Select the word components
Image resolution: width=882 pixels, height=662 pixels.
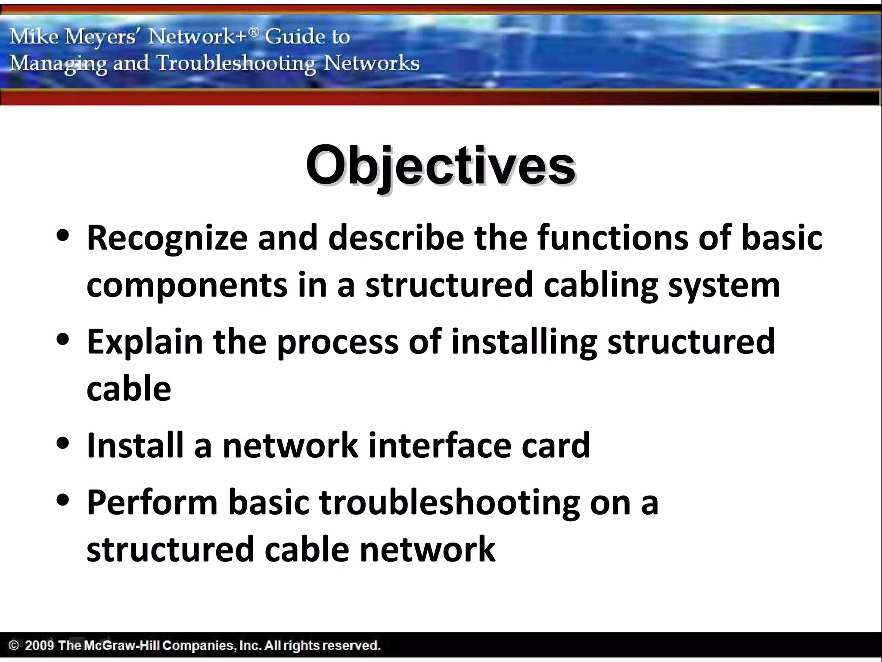tap(187, 285)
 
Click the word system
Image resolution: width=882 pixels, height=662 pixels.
tap(724, 285)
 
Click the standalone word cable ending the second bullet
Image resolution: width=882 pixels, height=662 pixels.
tap(129, 389)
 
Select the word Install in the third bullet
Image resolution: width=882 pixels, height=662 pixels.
tap(135, 445)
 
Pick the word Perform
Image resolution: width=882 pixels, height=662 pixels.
tap(152, 502)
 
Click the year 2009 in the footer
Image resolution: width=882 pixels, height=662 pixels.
tap(39, 646)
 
